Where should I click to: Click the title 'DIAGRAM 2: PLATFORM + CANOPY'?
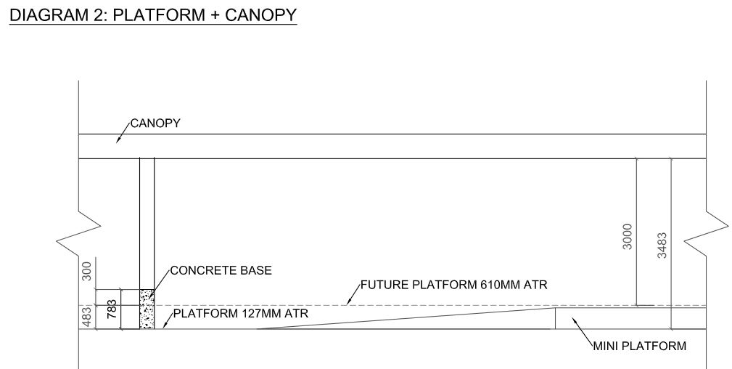[152, 15]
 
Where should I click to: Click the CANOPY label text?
[155, 123]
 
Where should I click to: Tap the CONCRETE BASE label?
[221, 271]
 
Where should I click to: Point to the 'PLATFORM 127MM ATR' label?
[240, 315]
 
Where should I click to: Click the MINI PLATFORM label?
[639, 346]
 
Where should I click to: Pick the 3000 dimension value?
[628, 237]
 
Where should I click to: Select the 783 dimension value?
[112, 309]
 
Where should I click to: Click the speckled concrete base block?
[147, 309]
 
